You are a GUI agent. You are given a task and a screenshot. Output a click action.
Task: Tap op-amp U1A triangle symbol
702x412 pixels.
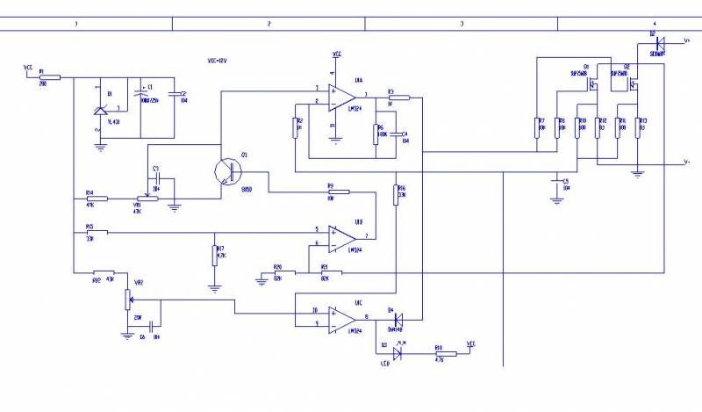point(338,97)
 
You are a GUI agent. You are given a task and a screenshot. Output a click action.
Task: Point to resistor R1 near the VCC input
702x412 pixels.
point(49,77)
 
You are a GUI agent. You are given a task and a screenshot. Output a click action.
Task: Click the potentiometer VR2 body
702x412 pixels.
point(128,299)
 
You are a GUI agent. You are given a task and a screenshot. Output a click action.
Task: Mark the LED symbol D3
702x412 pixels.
point(398,354)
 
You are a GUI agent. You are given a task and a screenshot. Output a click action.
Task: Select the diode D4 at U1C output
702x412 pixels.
point(397,319)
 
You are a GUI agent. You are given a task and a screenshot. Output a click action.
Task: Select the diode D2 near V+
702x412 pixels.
point(660,41)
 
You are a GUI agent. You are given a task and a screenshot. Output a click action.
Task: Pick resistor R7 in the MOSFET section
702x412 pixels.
point(536,128)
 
